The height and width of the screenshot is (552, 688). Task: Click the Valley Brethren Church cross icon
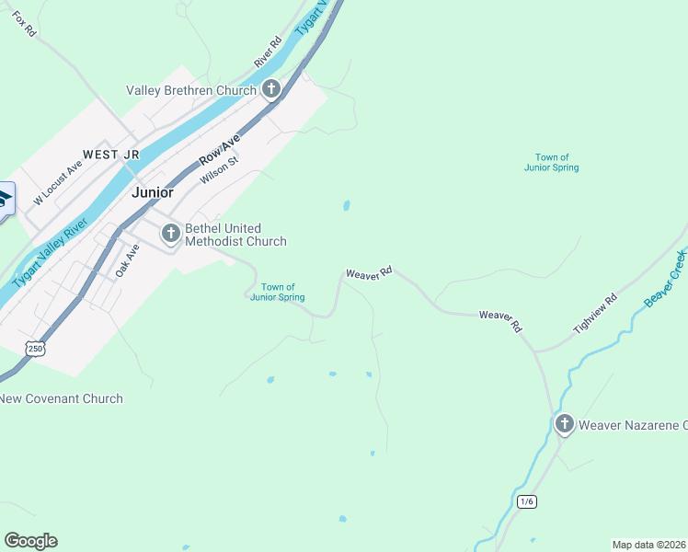pos(270,89)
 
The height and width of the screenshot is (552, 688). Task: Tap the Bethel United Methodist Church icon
pos(170,234)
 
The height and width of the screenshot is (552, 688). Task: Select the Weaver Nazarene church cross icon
pos(564,424)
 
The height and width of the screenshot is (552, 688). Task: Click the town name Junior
pos(152,192)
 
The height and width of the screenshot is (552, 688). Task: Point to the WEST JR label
pos(112,155)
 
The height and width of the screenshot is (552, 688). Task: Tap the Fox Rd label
pos(25,25)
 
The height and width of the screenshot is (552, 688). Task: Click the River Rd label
pos(268,52)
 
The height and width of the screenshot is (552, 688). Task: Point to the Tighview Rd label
pos(595,314)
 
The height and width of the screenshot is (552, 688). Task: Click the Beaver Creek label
pos(666,278)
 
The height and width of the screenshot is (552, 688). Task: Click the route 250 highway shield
pos(35,349)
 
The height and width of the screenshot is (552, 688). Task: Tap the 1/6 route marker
pos(526,501)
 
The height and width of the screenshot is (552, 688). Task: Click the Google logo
pos(30,541)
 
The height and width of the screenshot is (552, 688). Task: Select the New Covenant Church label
pos(62,398)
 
